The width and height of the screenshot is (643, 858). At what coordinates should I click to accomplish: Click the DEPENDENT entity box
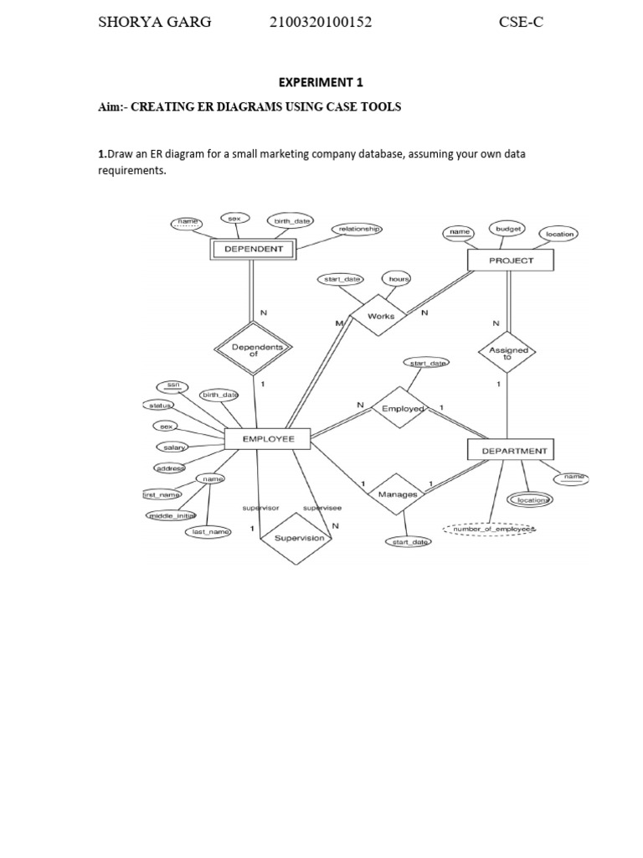coord(254,249)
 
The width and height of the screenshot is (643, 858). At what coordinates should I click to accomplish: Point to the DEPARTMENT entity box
coord(513,451)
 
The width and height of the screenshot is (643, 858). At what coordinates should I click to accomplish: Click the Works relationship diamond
coord(381,316)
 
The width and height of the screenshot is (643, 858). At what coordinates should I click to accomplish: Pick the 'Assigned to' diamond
coord(507,354)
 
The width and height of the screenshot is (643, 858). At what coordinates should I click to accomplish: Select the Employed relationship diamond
coord(403,408)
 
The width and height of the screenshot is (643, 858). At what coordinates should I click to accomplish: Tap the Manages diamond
coord(397,494)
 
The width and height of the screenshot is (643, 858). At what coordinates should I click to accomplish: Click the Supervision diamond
coord(299,538)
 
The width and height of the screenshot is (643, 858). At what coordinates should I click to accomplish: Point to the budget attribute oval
coord(508,227)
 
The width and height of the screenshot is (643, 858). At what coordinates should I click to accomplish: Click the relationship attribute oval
coord(360,228)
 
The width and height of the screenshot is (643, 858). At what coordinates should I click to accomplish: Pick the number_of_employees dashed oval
coord(491,530)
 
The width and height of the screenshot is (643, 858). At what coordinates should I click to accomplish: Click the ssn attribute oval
coord(172,385)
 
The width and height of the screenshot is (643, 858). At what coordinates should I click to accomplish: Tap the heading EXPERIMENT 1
coord(321,82)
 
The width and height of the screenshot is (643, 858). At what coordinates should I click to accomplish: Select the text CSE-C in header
coord(521,23)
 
